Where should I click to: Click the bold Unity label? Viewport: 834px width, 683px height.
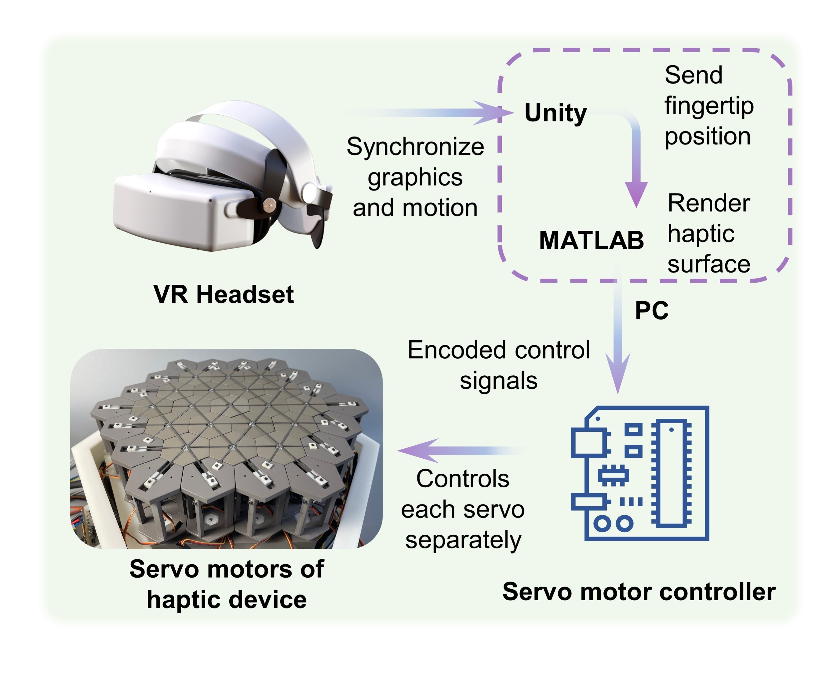click(x=555, y=113)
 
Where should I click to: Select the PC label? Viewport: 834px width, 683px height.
click(x=651, y=311)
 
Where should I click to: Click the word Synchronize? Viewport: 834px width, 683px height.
click(x=415, y=147)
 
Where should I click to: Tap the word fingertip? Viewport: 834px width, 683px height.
click(x=709, y=106)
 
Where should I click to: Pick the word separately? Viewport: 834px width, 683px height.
click(x=463, y=540)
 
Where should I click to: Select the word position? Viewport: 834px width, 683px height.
click(x=708, y=136)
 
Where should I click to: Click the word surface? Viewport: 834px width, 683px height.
click(x=709, y=264)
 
